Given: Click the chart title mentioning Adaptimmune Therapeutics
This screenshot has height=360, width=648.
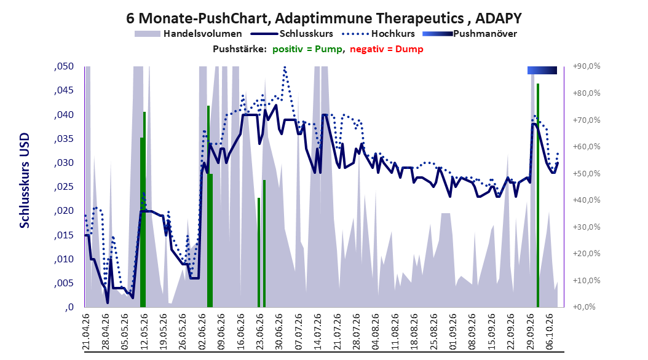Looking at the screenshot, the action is [324, 18].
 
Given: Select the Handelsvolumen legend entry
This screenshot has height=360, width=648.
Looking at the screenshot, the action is [188, 34].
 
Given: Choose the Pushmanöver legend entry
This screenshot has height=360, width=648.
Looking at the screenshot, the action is [470, 34].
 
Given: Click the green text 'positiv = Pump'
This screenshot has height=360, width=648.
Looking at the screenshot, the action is [307, 49].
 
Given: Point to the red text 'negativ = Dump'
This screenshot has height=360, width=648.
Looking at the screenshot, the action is [387, 49].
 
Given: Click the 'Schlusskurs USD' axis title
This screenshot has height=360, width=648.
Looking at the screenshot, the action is [25, 181].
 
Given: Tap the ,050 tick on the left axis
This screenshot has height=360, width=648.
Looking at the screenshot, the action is [64, 66].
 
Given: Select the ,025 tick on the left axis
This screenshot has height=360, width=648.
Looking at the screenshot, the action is [64, 187].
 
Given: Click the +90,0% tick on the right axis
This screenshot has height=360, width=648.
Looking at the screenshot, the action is [587, 66].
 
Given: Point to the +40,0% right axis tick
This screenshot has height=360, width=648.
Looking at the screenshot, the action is [587, 200].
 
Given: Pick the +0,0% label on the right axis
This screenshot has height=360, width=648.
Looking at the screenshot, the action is [584, 307].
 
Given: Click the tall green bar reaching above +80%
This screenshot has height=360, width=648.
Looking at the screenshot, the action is [538, 195].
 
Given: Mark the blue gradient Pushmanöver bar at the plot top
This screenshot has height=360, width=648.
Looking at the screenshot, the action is [542, 70].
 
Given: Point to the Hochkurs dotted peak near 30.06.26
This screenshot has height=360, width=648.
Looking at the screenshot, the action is [284, 68].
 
